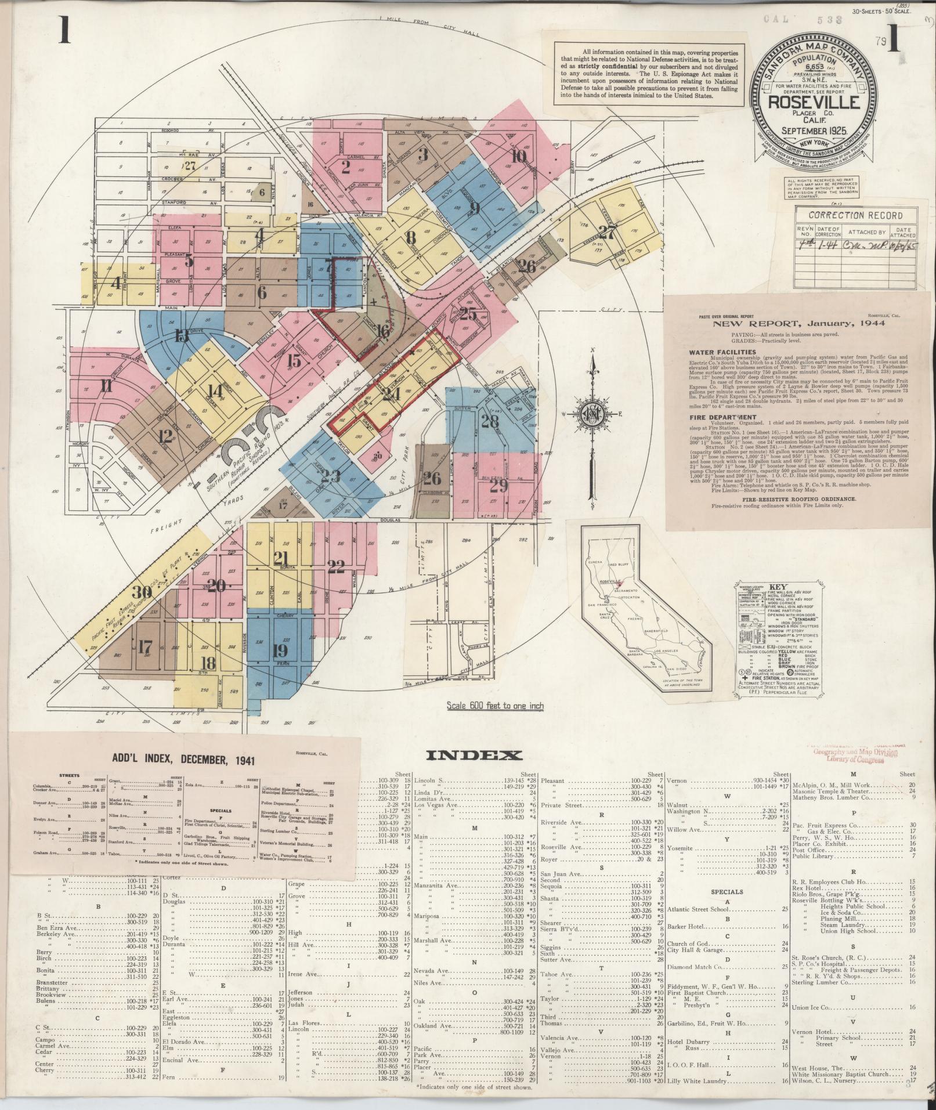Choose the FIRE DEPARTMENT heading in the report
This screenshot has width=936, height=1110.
(715, 417)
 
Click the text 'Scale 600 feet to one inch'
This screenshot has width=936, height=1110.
(495, 706)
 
